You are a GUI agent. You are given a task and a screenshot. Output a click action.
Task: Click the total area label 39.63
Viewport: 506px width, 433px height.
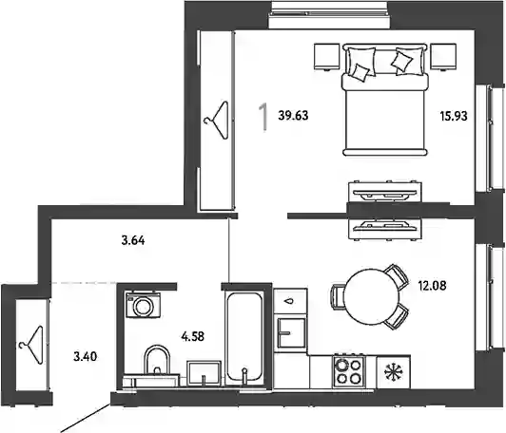coord(293,115)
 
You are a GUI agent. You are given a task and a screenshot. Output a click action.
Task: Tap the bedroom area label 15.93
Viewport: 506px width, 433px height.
coord(454,116)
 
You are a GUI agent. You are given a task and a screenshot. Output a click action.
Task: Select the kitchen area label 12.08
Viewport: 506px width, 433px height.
coord(433,286)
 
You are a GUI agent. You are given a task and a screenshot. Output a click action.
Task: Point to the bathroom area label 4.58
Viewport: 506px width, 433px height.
coord(193,337)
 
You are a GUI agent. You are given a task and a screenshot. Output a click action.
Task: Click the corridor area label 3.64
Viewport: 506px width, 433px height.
coord(133,240)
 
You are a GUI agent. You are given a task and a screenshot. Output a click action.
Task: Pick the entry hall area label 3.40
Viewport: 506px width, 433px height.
coord(86,357)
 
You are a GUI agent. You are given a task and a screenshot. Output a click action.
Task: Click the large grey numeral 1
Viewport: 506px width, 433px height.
coord(263,117)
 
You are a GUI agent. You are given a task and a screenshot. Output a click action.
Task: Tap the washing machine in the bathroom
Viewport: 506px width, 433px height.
coord(143,305)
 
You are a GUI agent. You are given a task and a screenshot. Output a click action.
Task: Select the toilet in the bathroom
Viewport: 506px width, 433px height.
coord(157,364)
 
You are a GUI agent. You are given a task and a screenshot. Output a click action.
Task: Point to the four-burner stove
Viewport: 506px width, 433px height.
coord(348,371)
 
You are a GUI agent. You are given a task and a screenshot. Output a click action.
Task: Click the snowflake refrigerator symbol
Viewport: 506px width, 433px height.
coord(394,372)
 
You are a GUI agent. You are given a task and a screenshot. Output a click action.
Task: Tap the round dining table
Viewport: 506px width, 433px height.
coord(371,296)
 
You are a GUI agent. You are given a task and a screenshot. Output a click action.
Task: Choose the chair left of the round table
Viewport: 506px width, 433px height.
coord(338,296)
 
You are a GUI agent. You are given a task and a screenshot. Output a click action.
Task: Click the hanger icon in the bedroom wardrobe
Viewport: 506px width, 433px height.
coord(217,120)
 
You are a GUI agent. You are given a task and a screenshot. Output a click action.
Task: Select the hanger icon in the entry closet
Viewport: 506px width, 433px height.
coord(31,345)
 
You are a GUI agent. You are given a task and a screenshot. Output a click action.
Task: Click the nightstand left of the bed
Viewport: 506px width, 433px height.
coord(327,57)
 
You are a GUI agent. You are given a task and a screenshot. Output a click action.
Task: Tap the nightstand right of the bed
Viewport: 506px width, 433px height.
coord(443,57)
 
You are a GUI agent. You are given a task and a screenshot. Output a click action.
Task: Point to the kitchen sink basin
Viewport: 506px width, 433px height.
coord(291,333)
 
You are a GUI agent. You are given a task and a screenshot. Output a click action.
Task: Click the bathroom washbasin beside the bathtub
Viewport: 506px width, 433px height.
coord(204,373)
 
